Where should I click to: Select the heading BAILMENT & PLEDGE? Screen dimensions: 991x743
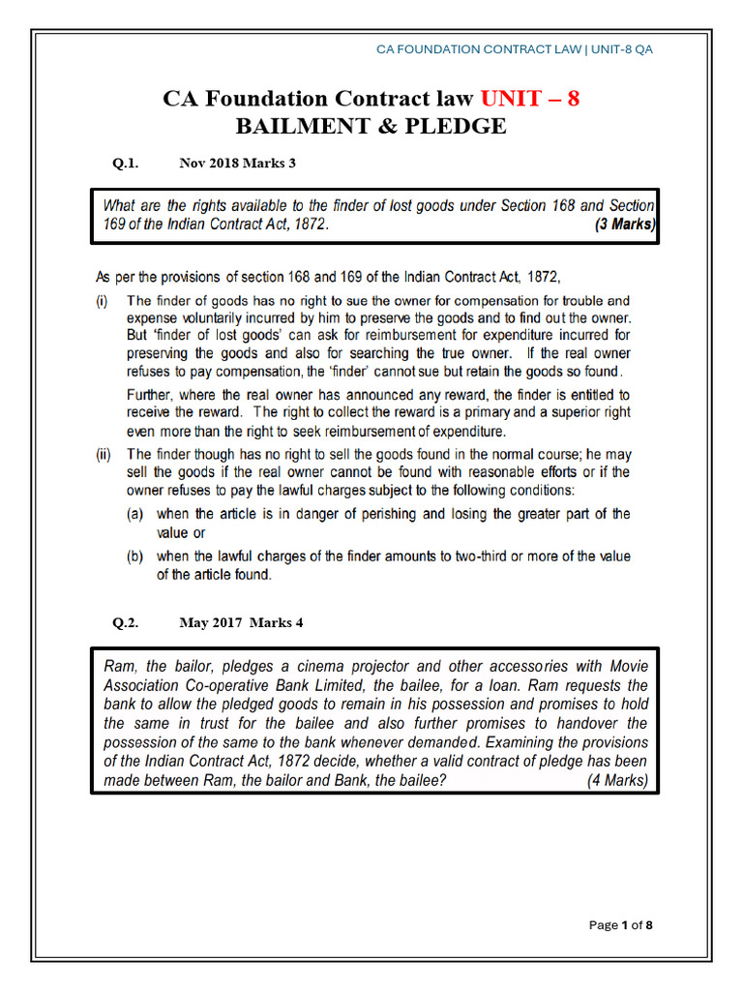coord(371,127)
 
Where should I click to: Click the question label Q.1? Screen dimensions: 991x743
coord(126,164)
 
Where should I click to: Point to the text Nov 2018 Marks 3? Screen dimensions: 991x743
coord(237,164)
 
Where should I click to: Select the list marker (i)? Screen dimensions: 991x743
coord(103,301)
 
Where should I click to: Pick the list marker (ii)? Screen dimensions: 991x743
coord(104,454)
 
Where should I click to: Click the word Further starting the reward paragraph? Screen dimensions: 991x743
coord(153,395)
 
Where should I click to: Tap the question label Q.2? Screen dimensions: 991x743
coord(126,623)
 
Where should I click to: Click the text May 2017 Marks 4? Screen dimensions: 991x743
coord(241,623)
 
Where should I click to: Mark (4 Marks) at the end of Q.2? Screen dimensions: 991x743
coord(617,780)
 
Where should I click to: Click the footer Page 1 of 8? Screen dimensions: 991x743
coord(621,926)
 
